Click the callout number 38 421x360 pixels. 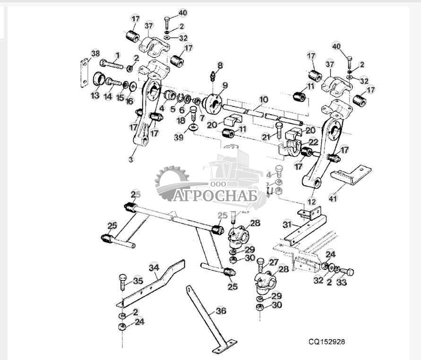coord(95,54)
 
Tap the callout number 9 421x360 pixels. coord(225,86)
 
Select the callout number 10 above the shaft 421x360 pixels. coord(264,100)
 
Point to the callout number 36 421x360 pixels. coord(221,311)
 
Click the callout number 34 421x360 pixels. coord(155,268)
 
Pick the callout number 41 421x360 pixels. coord(334,199)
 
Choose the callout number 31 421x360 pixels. coord(287,224)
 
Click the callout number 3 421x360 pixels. coord(131,159)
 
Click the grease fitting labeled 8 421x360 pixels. coord(212,76)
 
